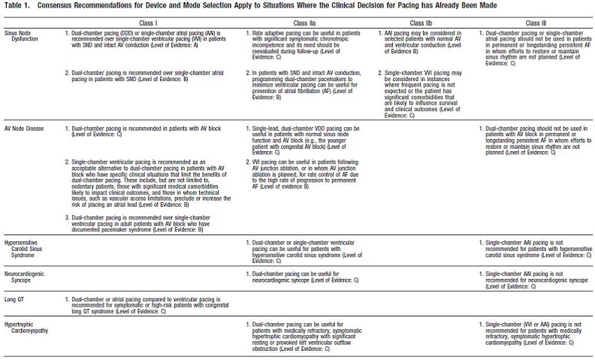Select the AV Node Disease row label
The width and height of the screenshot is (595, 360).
pos(25,129)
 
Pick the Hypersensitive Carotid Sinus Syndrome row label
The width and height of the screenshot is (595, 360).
pos(26,250)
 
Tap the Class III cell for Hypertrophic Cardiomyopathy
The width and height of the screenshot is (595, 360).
pos(530,334)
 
